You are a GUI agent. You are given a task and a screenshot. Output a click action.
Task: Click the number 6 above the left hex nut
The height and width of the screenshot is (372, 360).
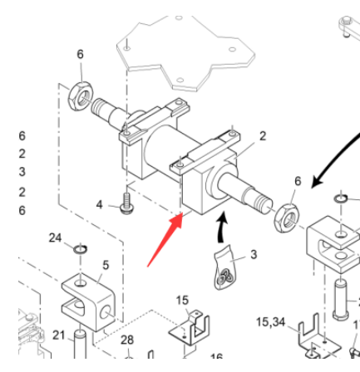pyautogui.click(x=80, y=54)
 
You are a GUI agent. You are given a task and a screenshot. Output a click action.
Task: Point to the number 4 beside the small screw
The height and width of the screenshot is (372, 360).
pyautogui.click(x=99, y=204)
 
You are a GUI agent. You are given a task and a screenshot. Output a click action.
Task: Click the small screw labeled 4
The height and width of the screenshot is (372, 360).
pyautogui.click(x=125, y=203)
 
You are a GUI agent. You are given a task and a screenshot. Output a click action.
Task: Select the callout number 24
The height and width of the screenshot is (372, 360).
pyautogui.click(x=55, y=237)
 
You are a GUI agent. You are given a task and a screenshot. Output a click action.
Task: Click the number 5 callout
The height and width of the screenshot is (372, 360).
pyautogui.click(x=105, y=266)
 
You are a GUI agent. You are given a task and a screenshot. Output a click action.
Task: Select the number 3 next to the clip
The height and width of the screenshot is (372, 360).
pyautogui.click(x=253, y=255)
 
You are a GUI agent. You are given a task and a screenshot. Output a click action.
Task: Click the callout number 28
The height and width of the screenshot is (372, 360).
pyautogui.click(x=126, y=340)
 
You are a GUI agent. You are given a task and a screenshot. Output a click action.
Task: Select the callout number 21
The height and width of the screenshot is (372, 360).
pyautogui.click(x=58, y=334)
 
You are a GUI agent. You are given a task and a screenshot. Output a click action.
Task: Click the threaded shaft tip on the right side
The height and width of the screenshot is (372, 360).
pyautogui.click(x=259, y=199)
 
